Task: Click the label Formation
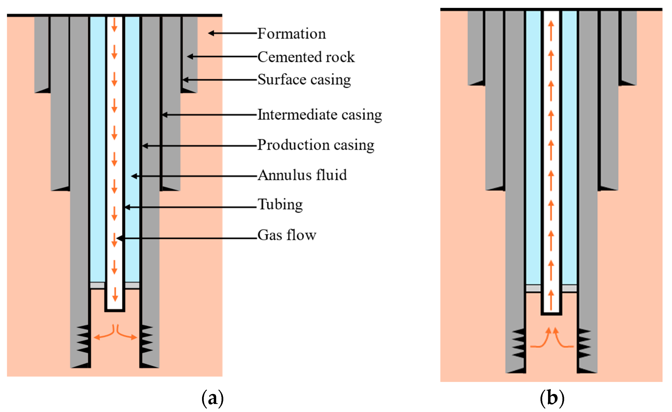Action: (x=292, y=34)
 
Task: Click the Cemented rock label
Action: (x=306, y=57)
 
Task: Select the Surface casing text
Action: (x=304, y=80)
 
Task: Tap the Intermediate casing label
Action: (x=320, y=115)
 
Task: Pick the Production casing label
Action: (x=316, y=145)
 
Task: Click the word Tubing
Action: (x=280, y=204)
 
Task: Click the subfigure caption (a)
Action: (x=213, y=399)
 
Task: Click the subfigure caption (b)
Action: (x=552, y=398)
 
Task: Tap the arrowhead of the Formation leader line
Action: (x=211, y=33)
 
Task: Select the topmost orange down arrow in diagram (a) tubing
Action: (x=114, y=25)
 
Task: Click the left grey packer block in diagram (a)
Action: (x=97, y=285)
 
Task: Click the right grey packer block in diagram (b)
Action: (x=570, y=288)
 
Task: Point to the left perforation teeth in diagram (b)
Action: (x=518, y=343)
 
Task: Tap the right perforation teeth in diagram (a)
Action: (x=147, y=339)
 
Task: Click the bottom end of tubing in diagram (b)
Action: (x=551, y=314)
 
